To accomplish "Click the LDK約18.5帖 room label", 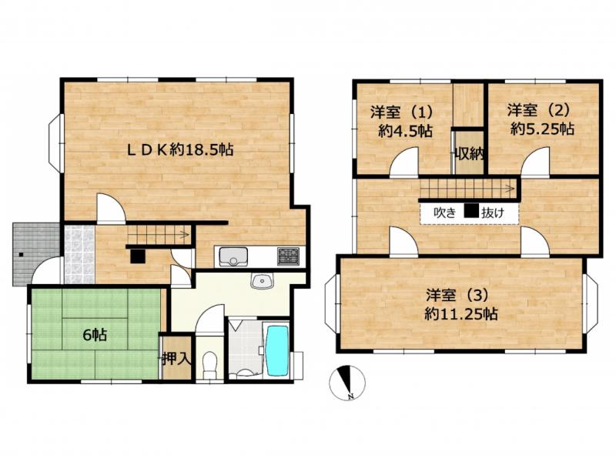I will coord(179,151).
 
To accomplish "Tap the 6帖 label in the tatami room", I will coord(95,334).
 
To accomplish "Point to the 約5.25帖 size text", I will coord(542,129).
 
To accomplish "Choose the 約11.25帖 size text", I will coord(459,313).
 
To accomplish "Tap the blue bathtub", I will coord(276,350).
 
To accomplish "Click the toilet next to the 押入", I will coord(209,364).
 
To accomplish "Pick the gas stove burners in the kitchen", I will coord(290,256).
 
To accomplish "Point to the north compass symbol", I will coord(347,383).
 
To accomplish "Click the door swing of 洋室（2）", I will coord(536,163).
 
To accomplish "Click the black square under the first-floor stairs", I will coord(136,256).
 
